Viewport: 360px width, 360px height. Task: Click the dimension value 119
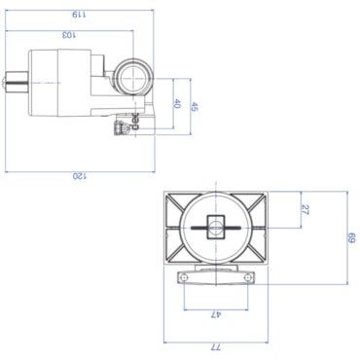tap(79, 15)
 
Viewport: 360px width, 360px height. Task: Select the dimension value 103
tap(69, 35)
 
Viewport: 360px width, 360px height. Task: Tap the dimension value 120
tap(80, 176)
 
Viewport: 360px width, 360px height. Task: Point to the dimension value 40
tap(177, 104)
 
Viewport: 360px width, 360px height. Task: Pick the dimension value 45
tap(194, 107)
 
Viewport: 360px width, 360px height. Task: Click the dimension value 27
tap(305, 210)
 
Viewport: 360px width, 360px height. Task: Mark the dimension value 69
tap(352, 237)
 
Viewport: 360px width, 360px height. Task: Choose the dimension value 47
tap(216, 314)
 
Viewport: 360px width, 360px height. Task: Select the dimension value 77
tap(216, 347)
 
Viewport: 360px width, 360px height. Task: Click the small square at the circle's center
tap(216, 227)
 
